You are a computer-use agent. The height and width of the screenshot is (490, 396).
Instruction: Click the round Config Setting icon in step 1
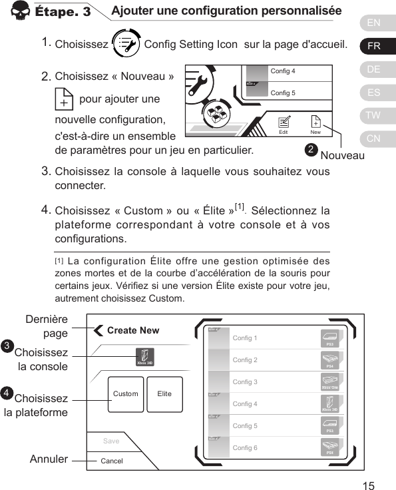[126, 45]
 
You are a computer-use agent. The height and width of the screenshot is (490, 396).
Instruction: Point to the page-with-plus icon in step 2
[63, 99]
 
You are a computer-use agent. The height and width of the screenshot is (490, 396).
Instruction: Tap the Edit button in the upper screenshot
[284, 124]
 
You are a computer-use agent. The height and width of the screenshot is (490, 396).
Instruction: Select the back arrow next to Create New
[99, 330]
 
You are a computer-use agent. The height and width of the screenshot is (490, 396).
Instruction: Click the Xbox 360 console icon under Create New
[145, 357]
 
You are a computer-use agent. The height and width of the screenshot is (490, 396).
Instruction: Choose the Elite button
[164, 393]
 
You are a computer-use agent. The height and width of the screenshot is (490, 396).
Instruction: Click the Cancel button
[111, 461]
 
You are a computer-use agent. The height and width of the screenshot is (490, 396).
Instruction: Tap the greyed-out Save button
[111, 441]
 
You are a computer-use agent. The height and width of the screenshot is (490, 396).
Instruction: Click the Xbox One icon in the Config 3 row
[329, 382]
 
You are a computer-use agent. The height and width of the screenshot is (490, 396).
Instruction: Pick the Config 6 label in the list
[245, 448]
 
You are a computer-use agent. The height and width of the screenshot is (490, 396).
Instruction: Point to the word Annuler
[49, 459]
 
